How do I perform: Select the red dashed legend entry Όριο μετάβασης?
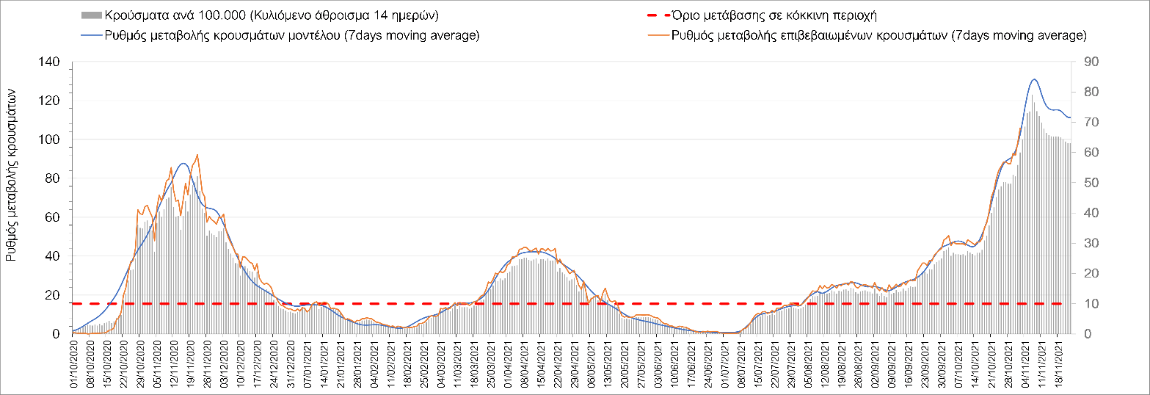click(x=775, y=15)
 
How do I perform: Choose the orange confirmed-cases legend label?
click(x=879, y=35)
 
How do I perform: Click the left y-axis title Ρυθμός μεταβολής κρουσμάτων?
click(x=12, y=177)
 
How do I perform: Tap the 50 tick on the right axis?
click(x=1084, y=183)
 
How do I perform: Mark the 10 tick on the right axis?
click(x=1084, y=304)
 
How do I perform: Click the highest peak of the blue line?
click(x=1034, y=79)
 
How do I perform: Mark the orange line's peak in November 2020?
click(x=197, y=155)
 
